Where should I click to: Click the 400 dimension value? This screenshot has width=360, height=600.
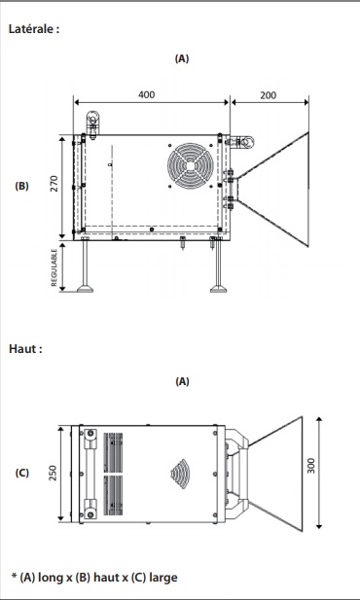point(146,94)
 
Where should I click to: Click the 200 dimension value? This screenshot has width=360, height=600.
point(269,95)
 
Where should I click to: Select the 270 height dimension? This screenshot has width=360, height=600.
point(54,183)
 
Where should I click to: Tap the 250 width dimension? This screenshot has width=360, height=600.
point(53,473)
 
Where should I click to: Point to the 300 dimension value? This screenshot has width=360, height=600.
point(311,466)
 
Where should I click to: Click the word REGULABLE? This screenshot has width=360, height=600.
point(54,267)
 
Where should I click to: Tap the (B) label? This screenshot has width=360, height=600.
point(21,186)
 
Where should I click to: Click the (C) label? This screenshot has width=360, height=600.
point(21,473)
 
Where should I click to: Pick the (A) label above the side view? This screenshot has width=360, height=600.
point(182,58)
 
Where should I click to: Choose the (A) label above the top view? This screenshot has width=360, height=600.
point(182,381)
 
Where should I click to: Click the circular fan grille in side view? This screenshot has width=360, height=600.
point(191,165)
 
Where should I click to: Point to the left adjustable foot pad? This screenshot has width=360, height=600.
point(85,288)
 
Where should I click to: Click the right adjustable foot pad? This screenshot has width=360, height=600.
point(218,288)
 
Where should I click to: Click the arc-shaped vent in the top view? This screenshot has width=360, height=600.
point(180,474)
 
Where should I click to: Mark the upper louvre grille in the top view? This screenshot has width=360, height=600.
point(114,452)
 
